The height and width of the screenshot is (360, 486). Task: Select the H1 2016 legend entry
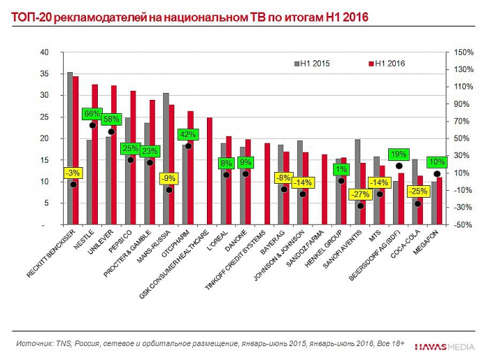click(385, 63)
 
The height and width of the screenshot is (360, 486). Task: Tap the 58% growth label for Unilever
click(111, 119)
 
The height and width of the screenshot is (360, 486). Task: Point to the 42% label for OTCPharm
click(188, 135)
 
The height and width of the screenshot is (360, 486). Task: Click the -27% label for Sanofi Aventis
click(360, 194)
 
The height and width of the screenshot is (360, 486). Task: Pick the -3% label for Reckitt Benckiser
click(73, 173)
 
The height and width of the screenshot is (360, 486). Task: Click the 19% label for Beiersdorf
click(399, 155)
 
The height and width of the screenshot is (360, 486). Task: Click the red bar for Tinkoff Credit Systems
click(267, 184)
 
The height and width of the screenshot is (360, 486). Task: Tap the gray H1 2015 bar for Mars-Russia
click(166, 159)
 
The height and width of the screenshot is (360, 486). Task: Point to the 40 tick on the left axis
click(44, 53)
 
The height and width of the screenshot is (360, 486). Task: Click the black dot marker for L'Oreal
click(226, 175)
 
